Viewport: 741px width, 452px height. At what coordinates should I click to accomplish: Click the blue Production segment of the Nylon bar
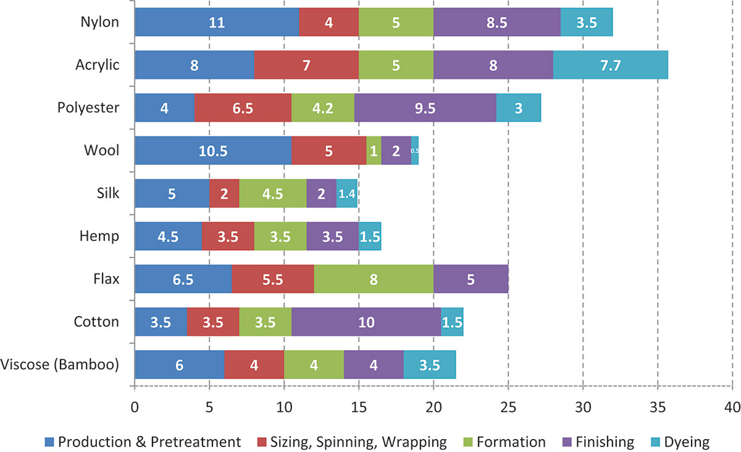tap(216, 22)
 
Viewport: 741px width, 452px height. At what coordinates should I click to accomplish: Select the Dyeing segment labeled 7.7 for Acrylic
tap(610, 65)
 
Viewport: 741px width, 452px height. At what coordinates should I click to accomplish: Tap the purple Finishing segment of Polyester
tap(425, 107)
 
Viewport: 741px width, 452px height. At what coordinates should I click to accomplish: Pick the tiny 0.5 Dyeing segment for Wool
tap(415, 150)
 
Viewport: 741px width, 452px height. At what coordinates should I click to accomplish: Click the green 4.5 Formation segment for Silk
tap(272, 193)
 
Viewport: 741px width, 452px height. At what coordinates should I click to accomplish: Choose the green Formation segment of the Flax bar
tap(374, 279)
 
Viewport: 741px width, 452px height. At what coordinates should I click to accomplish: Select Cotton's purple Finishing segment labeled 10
tap(366, 322)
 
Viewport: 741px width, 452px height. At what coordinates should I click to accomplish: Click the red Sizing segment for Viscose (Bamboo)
tap(254, 364)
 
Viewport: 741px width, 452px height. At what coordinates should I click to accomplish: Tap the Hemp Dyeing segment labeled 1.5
tap(369, 236)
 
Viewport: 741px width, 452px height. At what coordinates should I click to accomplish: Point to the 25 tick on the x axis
tap(508, 408)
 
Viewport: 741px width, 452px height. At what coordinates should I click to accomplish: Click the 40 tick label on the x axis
tap(732, 408)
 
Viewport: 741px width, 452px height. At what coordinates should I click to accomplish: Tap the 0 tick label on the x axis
tap(134, 408)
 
